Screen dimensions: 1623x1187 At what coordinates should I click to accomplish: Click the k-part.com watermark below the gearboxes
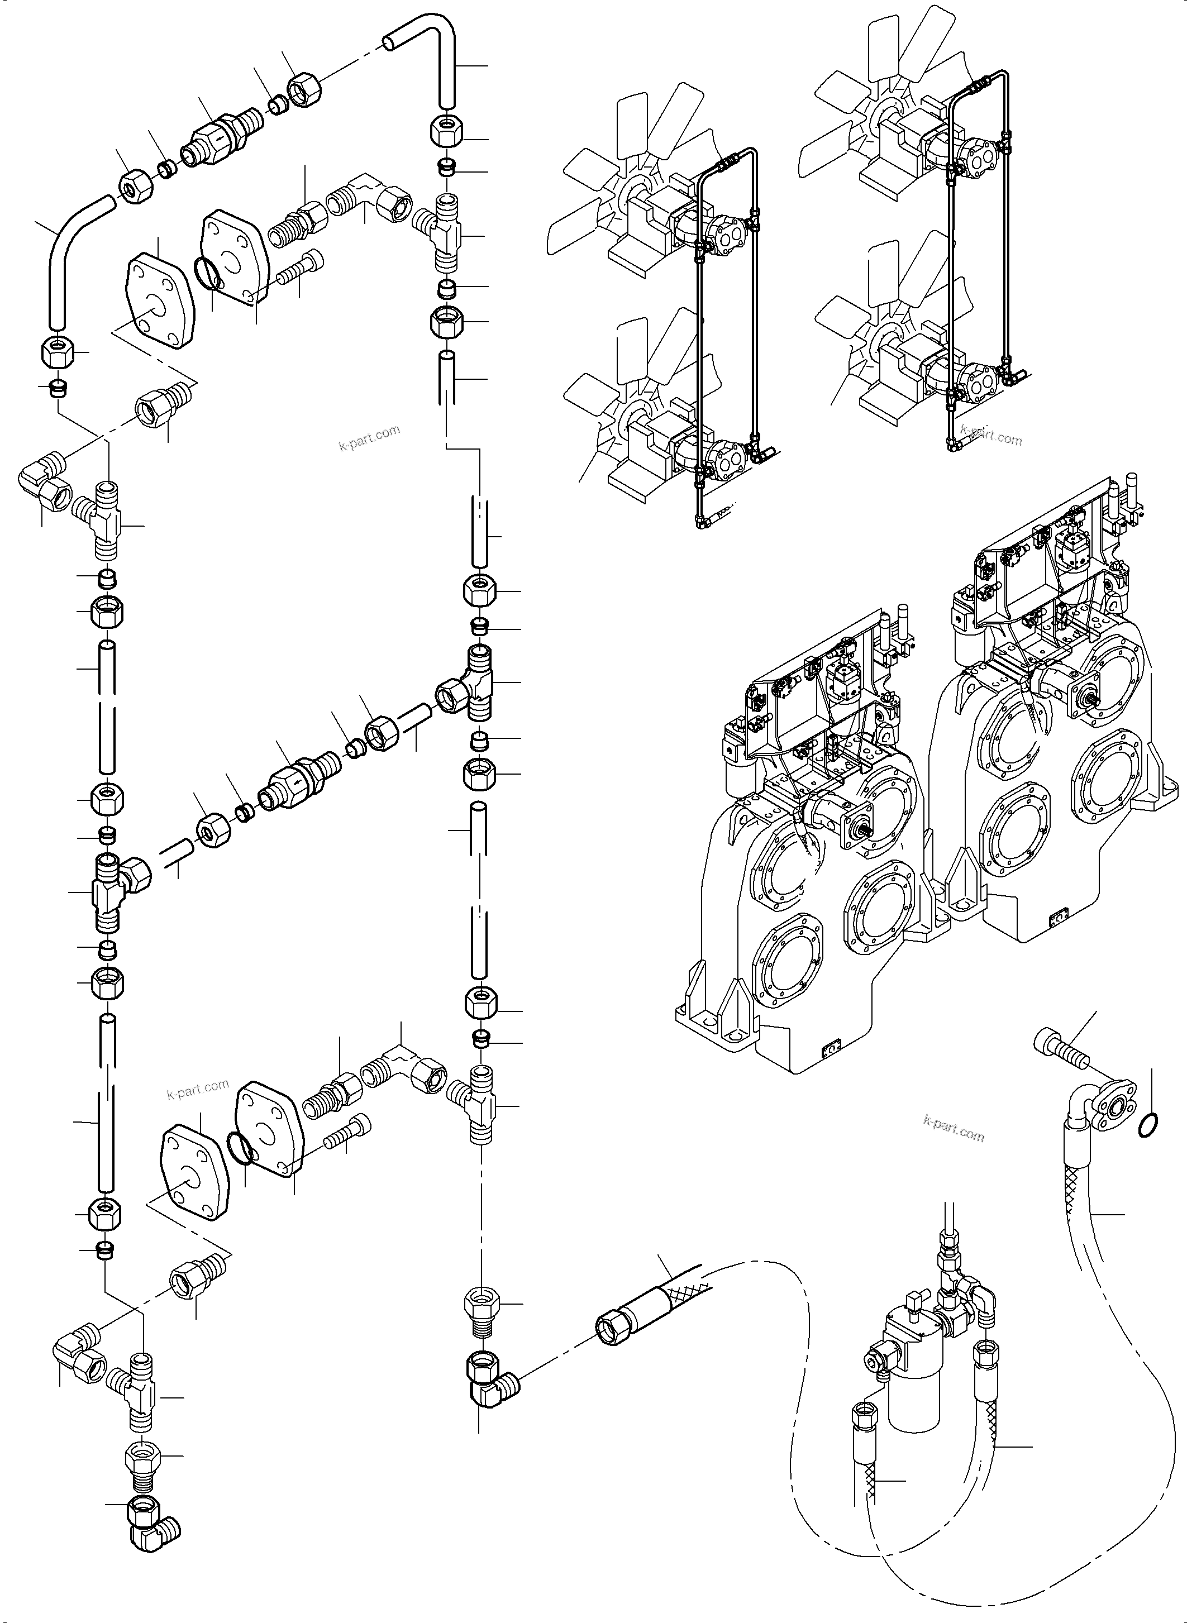[x=953, y=1129]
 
